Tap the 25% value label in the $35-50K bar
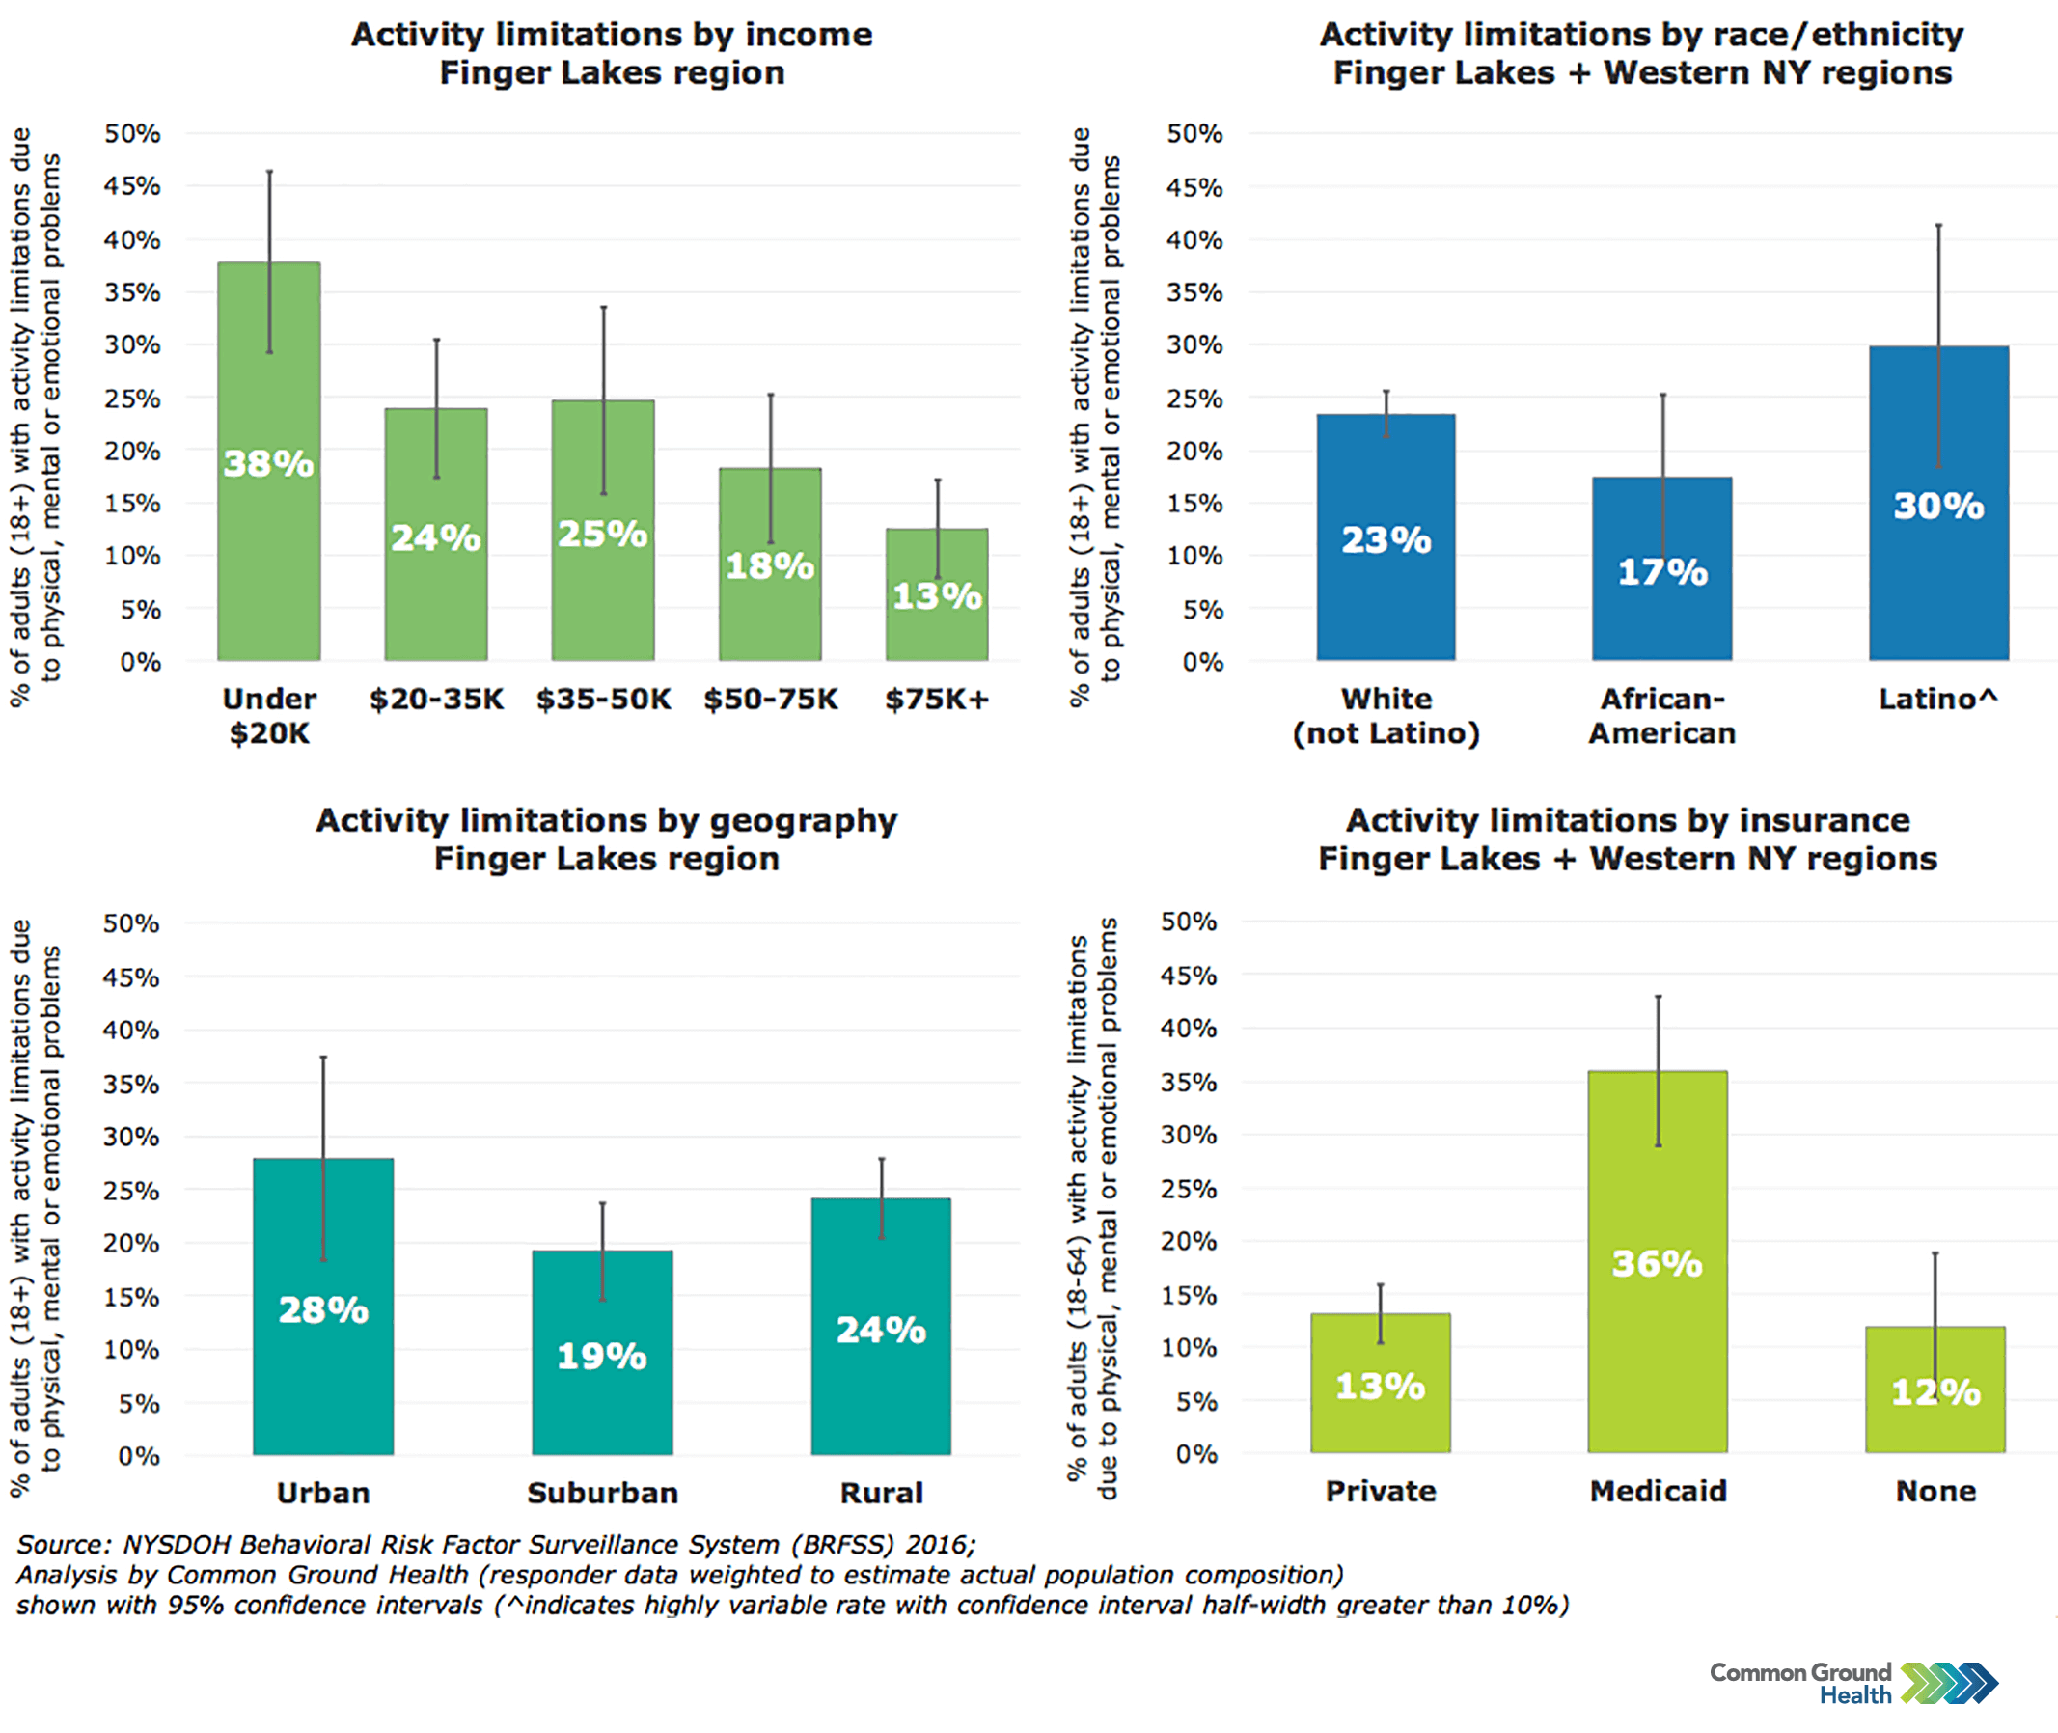(602, 534)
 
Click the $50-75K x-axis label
(770, 699)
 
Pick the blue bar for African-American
(1661, 609)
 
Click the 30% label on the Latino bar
(1938, 506)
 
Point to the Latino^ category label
(1937, 699)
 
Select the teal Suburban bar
(602, 1395)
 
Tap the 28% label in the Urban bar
(323, 1309)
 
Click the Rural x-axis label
(881, 1493)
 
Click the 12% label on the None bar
(1935, 1392)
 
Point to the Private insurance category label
(1380, 1491)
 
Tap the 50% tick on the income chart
(132, 132)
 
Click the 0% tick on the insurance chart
(1195, 1453)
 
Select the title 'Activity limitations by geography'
(606, 820)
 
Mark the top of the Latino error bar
(1938, 225)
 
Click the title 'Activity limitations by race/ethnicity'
(1641, 35)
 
